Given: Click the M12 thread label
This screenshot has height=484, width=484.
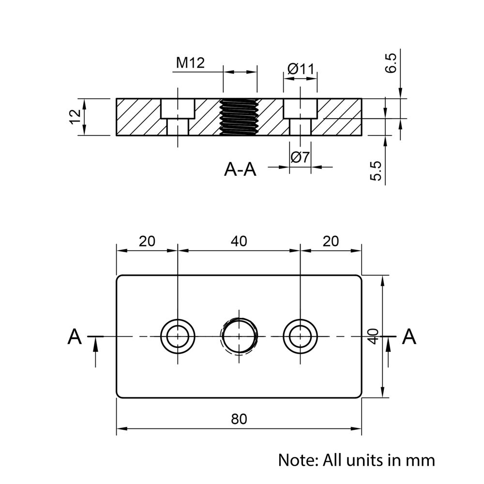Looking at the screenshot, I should pos(190,63).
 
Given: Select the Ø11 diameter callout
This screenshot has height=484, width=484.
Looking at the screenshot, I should pos(301,69).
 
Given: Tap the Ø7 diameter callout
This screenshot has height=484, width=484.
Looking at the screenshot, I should pos(300,157).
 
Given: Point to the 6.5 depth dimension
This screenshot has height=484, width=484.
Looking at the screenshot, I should pos(391,63).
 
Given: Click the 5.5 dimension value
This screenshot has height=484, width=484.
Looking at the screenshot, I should pos(377,171).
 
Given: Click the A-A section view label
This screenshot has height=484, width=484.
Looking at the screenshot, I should pos(240,169).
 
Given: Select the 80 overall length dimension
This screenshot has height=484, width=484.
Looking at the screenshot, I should pos(239,419).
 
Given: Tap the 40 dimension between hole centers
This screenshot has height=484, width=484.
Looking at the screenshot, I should pos(239,241).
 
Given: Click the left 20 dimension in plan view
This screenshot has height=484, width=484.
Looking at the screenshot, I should pos(147,241).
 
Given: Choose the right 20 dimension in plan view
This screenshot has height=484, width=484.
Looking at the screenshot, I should pos(331,241).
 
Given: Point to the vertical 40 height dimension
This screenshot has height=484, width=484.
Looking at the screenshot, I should pos(373,336).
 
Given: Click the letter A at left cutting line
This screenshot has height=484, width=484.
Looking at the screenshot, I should pos(74,336).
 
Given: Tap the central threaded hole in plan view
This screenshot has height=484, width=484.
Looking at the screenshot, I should pos(239,336).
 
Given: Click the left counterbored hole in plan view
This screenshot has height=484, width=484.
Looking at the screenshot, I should pos(178,336).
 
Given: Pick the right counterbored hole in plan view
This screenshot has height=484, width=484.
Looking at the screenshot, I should pos(301,336).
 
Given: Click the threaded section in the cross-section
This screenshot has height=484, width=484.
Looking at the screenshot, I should pos(239,117).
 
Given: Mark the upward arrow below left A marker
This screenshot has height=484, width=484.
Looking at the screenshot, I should pos(96,351).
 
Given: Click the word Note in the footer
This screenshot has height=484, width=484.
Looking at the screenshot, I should pos(296,459).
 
